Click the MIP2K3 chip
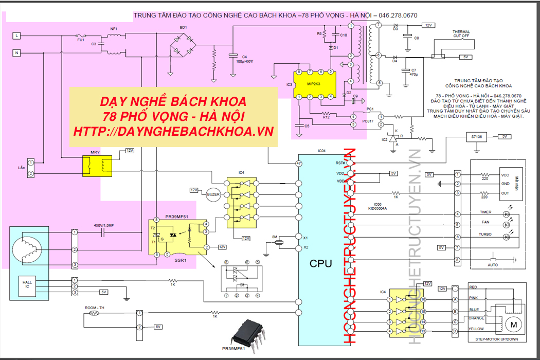click(x=313, y=83)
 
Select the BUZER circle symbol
click(x=213, y=194)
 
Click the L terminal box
click(x=16, y=35)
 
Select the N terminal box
click(x=16, y=53)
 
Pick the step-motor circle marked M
click(x=512, y=325)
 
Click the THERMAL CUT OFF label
click(x=461, y=34)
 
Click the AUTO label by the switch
click(x=493, y=264)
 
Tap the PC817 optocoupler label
click(x=367, y=121)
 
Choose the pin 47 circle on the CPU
click(x=298, y=163)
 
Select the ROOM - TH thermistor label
click(x=95, y=307)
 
